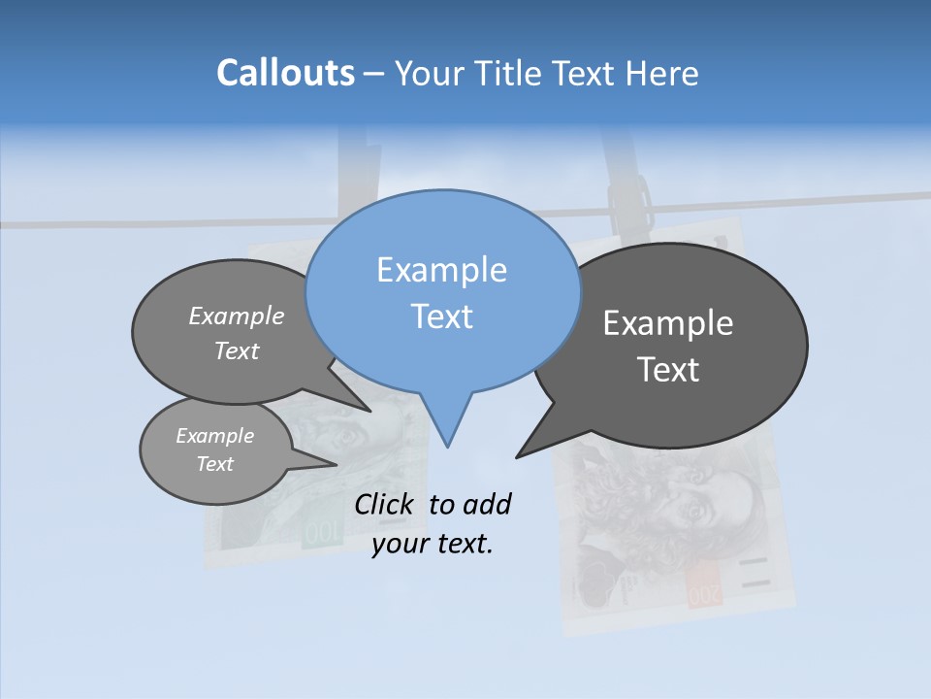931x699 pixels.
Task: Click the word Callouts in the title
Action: point(285,73)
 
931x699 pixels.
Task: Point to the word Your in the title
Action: point(427,73)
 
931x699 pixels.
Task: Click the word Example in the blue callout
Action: point(441,270)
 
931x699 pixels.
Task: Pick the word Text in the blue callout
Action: point(441,316)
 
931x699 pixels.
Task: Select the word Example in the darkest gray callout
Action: point(668,323)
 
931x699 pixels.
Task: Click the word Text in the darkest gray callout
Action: point(668,370)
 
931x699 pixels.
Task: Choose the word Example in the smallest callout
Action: point(214,436)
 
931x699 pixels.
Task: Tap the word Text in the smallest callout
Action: point(214,464)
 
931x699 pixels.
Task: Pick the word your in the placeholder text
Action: point(399,544)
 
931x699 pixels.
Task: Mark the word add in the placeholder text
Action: point(487,504)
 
